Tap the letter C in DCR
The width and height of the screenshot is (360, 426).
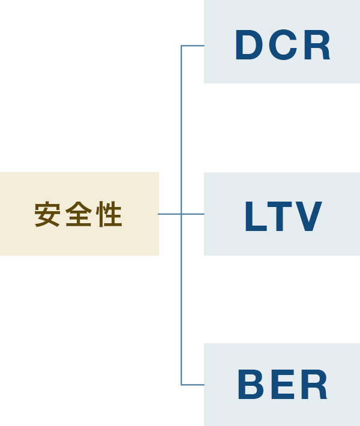[x=283, y=46]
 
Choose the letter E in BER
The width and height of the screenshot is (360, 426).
[x=282, y=385]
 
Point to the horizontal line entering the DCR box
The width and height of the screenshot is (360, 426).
[x=193, y=46]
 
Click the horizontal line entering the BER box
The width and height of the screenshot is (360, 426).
[x=193, y=385]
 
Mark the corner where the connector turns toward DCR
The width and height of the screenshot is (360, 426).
[x=181, y=46]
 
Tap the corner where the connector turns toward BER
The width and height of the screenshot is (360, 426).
[x=181, y=385]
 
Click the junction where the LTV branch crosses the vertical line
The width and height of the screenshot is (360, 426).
[x=181, y=214]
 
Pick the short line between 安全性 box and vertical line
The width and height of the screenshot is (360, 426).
[x=169, y=214]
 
